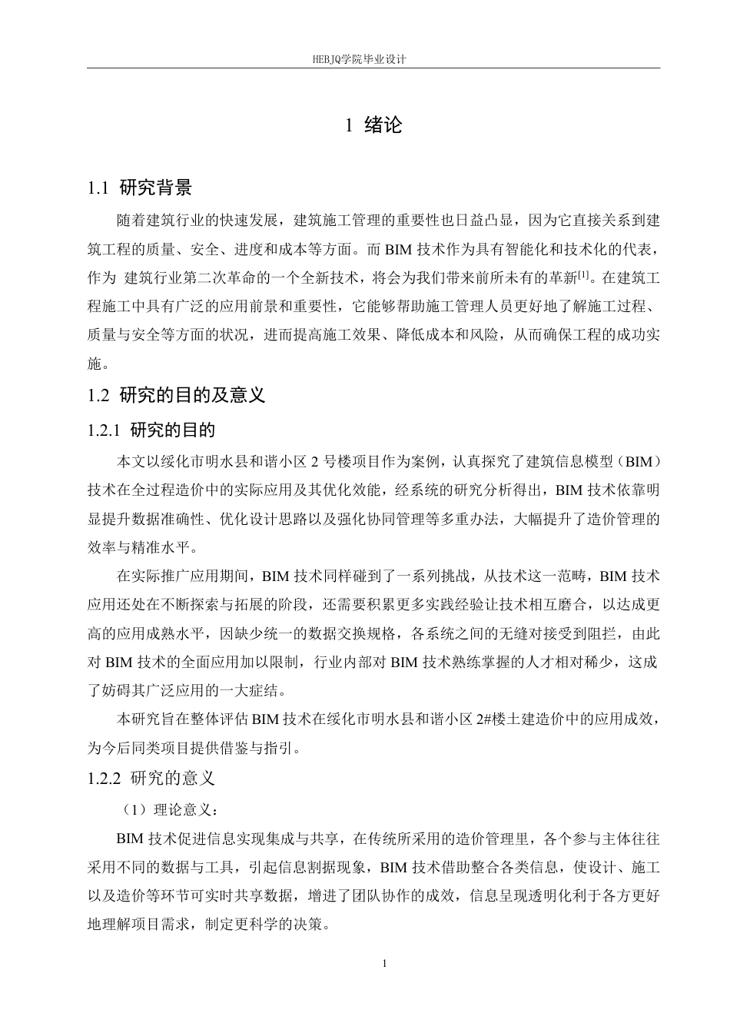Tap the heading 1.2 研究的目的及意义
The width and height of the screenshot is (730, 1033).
(x=177, y=395)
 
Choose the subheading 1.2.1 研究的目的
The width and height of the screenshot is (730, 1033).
(x=152, y=430)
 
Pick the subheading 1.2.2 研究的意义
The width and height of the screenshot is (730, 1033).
(x=152, y=778)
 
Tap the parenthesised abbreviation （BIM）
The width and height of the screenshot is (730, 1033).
(x=638, y=462)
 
